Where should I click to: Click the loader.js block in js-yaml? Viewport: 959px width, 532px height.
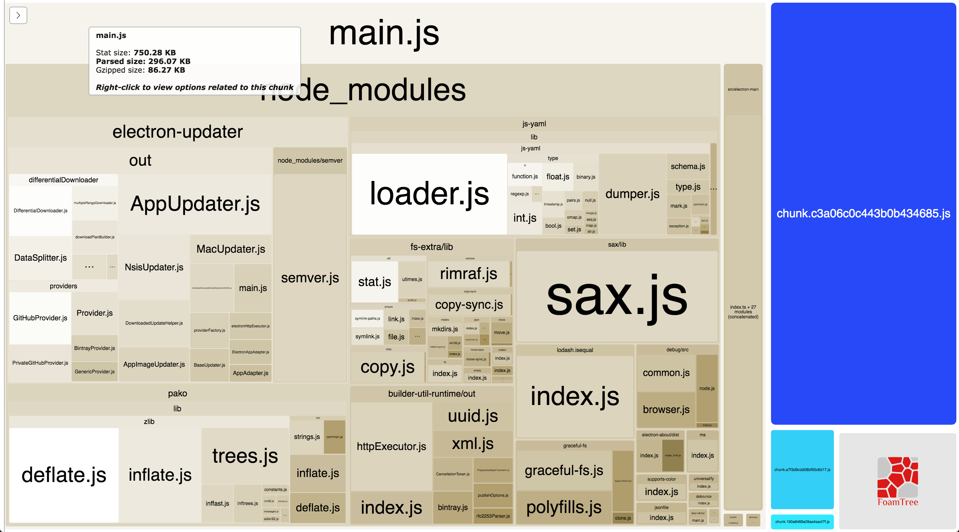[429, 194]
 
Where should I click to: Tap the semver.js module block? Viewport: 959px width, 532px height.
[310, 278]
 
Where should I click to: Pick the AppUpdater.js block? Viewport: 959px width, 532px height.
[195, 204]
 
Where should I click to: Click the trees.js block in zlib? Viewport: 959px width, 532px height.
[245, 456]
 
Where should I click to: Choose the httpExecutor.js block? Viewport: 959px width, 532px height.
[391, 446]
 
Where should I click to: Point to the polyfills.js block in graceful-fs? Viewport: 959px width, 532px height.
[564, 507]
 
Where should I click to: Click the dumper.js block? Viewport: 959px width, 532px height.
[632, 194]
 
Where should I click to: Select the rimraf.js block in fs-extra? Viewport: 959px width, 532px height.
[468, 274]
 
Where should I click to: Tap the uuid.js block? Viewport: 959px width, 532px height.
[473, 416]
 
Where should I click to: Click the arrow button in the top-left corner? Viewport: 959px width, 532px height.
[18, 15]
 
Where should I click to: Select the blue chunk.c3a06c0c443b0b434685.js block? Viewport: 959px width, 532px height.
[863, 213]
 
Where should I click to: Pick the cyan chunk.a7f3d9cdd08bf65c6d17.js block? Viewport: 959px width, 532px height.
[802, 470]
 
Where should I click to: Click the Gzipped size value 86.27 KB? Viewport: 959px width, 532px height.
[166, 70]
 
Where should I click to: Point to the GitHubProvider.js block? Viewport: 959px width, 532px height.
[40, 318]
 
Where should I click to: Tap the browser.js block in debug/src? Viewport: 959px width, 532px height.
[666, 409]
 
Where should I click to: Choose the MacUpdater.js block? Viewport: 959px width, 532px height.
[230, 249]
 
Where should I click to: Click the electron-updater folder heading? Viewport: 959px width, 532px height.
[177, 132]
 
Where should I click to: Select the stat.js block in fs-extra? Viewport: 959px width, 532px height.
[374, 282]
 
